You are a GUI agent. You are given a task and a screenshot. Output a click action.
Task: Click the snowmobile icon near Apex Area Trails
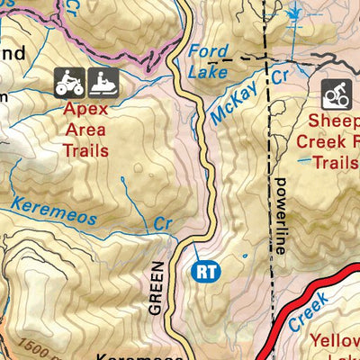[x=105, y=83]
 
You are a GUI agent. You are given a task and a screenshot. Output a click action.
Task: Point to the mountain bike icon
[x=337, y=94]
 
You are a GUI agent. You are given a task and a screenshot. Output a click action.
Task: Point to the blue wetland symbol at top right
[x=294, y=14]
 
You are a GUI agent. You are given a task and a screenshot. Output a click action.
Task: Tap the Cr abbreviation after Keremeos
[x=161, y=221]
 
